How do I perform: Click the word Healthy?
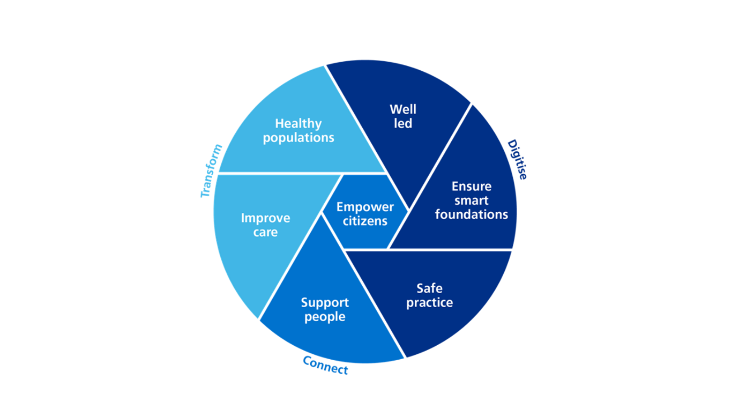(298, 124)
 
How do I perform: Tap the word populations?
(298, 138)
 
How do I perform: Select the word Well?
(403, 109)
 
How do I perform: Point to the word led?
(403, 123)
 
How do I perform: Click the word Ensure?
(472, 187)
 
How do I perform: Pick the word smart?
(472, 200)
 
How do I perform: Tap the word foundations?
(472, 214)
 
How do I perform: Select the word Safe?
(429, 288)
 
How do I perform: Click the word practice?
(429, 302)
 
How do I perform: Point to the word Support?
(325, 302)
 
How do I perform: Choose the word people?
(325, 316)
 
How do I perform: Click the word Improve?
(265, 218)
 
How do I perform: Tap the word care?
(265, 232)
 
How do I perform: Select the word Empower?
(365, 207)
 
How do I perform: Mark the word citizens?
(365, 221)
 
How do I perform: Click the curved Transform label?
(211, 171)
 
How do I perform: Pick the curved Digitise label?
(517, 159)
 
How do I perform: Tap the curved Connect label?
(325, 366)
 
